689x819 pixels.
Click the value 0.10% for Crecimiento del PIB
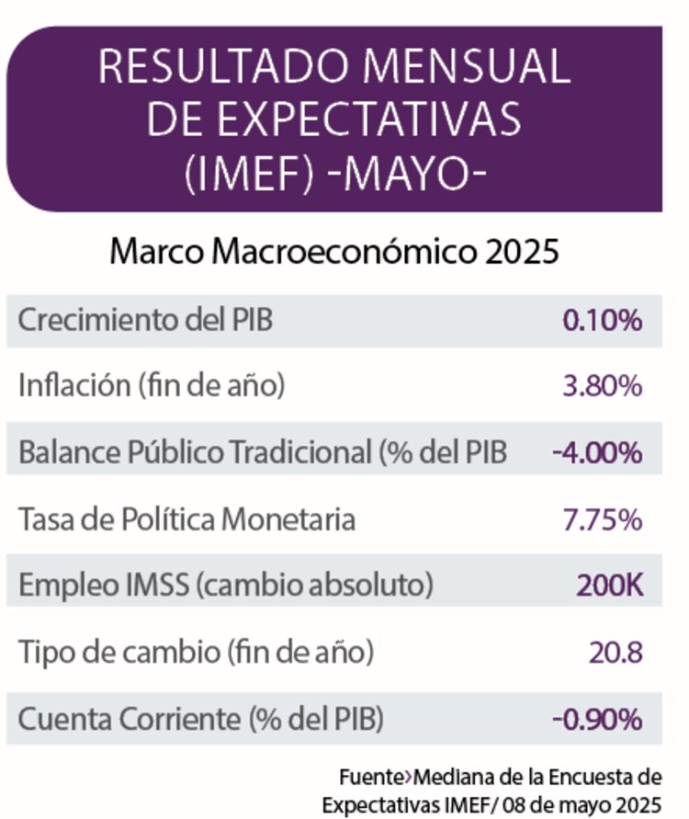[x=602, y=321]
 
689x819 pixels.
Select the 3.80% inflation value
[x=602, y=387]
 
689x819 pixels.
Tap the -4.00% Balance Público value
[x=597, y=453]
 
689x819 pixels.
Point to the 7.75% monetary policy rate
[x=602, y=519]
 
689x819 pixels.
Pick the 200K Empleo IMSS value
[x=609, y=586]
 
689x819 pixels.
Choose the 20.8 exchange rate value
[x=615, y=654]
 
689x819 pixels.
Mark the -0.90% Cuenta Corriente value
[x=597, y=720]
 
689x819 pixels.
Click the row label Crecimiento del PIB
[x=145, y=321]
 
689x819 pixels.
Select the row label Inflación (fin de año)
[x=152, y=387]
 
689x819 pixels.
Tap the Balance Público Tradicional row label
[x=263, y=453]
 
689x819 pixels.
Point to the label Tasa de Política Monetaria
[x=186, y=519]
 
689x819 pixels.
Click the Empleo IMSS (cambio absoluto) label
[x=226, y=586]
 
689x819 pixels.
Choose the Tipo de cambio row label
[x=196, y=654]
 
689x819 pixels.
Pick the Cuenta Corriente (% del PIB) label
[x=201, y=720]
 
